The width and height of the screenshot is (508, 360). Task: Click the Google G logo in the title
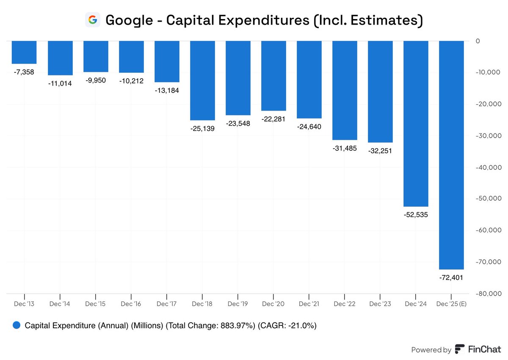coord(92,20)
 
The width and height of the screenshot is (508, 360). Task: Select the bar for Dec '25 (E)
coord(451,155)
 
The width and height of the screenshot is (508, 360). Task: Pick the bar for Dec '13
coord(24,52)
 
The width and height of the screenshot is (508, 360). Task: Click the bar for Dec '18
coord(202,80)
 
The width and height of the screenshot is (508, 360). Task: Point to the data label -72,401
coord(451,277)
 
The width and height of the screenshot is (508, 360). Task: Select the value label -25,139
coord(202,128)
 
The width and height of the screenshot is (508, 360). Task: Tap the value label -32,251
coord(380,151)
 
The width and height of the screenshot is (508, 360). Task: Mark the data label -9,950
coord(96,80)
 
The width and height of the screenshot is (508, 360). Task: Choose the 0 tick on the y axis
coord(478,41)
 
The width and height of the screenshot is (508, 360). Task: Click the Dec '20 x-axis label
coord(273,304)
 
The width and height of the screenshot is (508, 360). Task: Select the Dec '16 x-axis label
coord(131,304)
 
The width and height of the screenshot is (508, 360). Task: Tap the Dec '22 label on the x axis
coord(345,304)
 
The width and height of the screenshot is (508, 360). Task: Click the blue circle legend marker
coord(17,325)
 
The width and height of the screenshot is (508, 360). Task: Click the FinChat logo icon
coord(460,349)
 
